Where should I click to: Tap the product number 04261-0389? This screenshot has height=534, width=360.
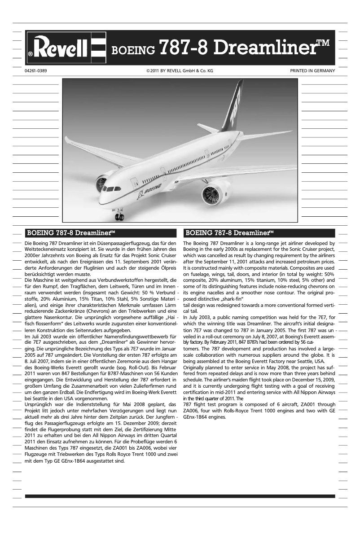pyautogui.click(x=36, y=71)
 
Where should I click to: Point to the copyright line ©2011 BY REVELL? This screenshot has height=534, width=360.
pyautogui.click(x=180, y=71)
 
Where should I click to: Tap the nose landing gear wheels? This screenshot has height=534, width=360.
pyautogui.click(x=119, y=216)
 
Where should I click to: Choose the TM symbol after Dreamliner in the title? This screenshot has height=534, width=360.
pyautogui.click(x=323, y=43)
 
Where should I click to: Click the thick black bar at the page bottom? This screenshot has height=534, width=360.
pyautogui.click(x=180, y=496)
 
